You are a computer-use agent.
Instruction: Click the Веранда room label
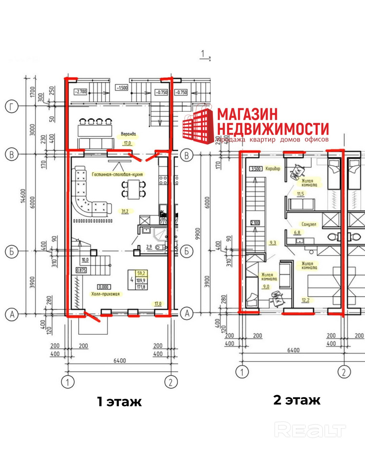tap(128, 134)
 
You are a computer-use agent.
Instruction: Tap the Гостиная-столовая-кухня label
tap(117, 174)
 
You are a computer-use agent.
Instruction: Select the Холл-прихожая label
tap(105, 294)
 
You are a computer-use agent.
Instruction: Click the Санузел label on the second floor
tap(309, 224)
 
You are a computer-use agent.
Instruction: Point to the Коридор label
tap(273, 168)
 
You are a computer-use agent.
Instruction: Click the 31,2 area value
tap(125, 211)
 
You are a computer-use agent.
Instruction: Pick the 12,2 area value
tap(306, 300)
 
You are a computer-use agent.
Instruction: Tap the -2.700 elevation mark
tap(80, 92)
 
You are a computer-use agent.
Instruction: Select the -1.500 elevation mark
tap(122, 88)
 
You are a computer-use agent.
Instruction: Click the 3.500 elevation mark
tap(256, 169)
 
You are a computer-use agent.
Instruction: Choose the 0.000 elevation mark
tap(103, 287)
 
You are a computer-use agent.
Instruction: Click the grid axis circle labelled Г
tap(11, 107)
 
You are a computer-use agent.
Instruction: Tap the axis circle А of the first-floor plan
tap(11, 314)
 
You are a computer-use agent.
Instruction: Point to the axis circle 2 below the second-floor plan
tap(344, 372)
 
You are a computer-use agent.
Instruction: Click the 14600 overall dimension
tap(23, 196)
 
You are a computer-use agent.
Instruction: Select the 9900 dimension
tap(198, 234)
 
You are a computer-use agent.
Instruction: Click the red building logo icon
tap(197, 125)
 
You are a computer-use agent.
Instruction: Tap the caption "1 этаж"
tap(119, 401)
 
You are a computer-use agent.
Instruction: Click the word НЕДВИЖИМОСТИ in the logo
tap(273, 129)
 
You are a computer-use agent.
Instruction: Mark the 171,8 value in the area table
tap(141, 287)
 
